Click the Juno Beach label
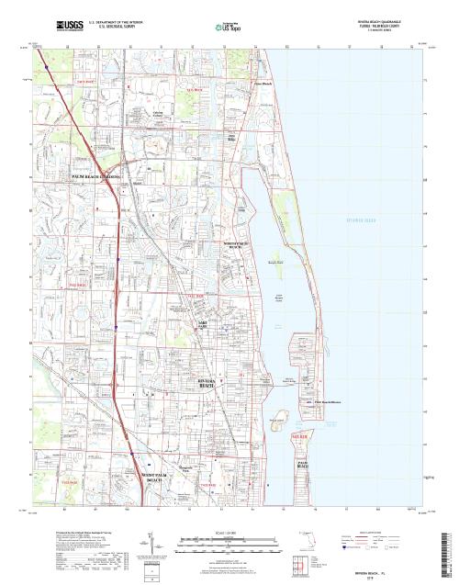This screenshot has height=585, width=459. tap(262, 84)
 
